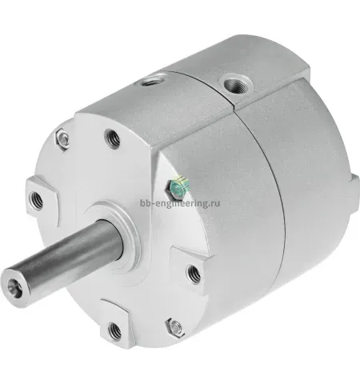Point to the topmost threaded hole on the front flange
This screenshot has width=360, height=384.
tap(112, 138)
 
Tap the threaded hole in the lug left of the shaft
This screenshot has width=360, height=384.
tap(36, 200)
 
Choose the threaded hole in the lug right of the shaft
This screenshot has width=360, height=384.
tap(194, 274)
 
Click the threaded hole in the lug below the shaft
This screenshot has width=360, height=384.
tap(114, 330)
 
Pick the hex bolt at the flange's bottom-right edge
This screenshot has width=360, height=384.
tap(174, 326)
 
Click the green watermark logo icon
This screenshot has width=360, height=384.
tap(178, 186)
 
